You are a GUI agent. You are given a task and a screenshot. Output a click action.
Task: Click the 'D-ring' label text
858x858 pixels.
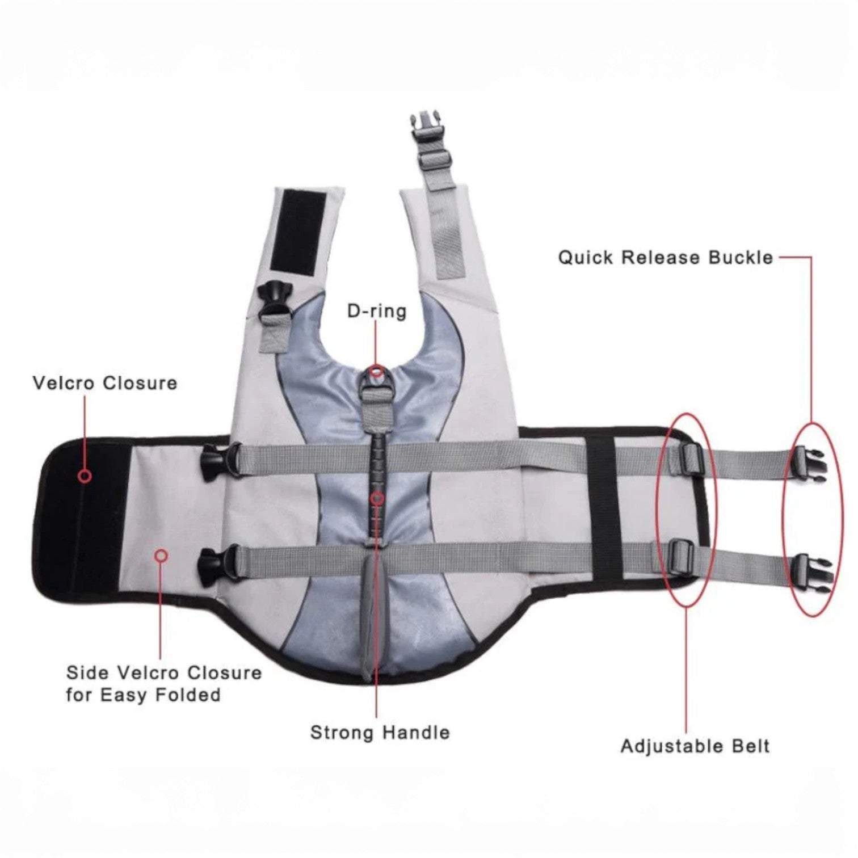tap(377, 312)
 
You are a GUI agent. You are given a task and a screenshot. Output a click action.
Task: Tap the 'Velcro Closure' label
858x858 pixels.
tap(105, 383)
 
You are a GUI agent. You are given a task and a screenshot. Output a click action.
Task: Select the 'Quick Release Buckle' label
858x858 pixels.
tap(666, 258)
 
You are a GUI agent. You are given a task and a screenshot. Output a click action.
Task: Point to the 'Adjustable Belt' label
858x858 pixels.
tap(695, 746)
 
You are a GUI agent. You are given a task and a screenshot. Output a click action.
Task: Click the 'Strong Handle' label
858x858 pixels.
tap(380, 733)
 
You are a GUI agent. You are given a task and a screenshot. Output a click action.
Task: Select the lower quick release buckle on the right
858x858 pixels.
tap(813, 571)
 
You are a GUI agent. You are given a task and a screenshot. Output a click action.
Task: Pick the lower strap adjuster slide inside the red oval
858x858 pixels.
tap(683, 557)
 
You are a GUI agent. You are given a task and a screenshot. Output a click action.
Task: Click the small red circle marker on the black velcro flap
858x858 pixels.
tap(85, 476)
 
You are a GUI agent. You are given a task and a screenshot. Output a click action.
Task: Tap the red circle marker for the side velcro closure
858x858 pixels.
tap(162, 556)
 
